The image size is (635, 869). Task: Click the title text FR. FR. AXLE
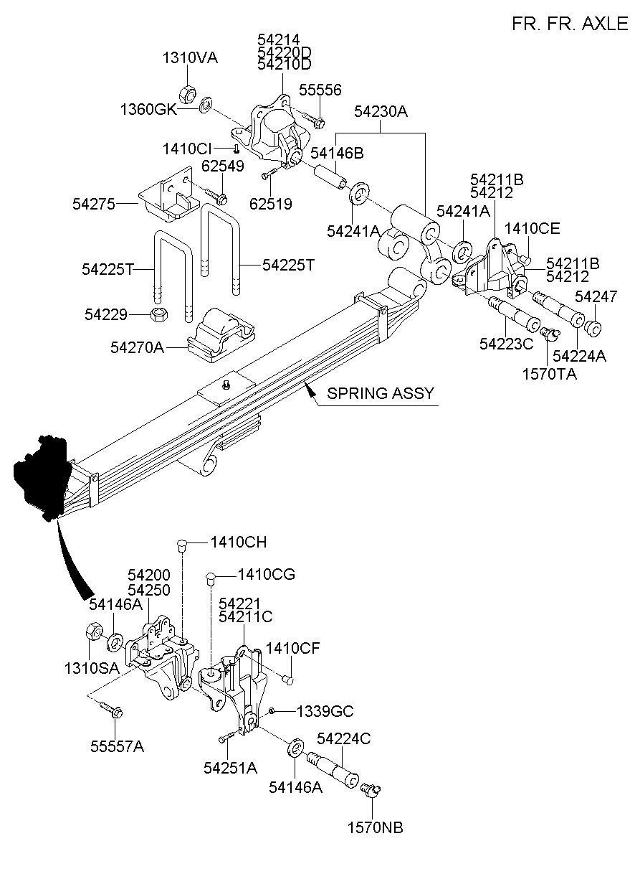570,24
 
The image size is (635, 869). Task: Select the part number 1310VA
190,58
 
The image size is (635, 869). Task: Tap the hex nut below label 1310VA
188,94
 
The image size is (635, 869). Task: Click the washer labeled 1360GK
206,105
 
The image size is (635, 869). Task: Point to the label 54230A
381,112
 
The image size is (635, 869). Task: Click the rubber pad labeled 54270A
221,335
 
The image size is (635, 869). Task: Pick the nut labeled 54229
158,314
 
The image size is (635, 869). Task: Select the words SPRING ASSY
381,393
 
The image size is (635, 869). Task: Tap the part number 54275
94,204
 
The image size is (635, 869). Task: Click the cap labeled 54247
592,327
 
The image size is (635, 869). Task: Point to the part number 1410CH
239,542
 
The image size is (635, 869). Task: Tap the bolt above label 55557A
111,709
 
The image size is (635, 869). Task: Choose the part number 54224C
344,739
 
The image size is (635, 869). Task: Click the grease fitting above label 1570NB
371,789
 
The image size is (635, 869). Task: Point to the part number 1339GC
325,712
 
